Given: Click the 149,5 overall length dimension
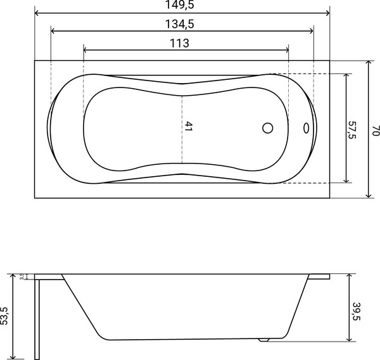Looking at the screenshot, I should [182, 6].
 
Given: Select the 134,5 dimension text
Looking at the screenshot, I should [182, 24].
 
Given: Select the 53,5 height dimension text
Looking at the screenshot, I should [5, 315].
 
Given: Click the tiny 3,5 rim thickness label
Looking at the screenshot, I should [22, 276].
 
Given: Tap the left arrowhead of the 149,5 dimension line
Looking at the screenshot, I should [37, 13].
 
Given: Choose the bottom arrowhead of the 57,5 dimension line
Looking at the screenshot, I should [346, 181].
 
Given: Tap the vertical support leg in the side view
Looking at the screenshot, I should [39, 317].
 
